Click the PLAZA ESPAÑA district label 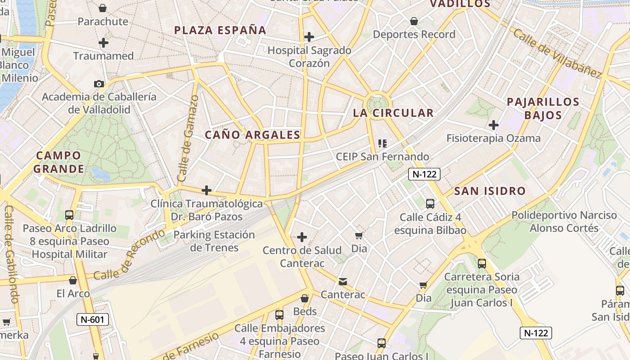click(x=220, y=30)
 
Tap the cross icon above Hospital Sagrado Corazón click(x=309, y=36)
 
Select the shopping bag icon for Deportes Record click(x=414, y=21)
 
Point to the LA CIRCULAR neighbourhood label click(x=393, y=113)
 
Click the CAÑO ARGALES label click(x=252, y=135)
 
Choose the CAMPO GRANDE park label click(x=58, y=162)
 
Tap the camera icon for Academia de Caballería click(x=99, y=84)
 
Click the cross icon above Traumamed click(x=103, y=43)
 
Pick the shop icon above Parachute click(x=103, y=8)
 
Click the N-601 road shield click(x=92, y=319)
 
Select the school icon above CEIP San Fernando click(x=382, y=144)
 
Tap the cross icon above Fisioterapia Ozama click(x=494, y=125)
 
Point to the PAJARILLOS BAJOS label click(x=543, y=108)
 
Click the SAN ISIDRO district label click(x=490, y=191)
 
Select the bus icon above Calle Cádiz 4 click(x=430, y=204)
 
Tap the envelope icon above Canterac click(x=343, y=282)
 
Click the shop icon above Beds click(x=305, y=298)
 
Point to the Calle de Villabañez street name click(x=557, y=53)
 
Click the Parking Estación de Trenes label click(x=214, y=241)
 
